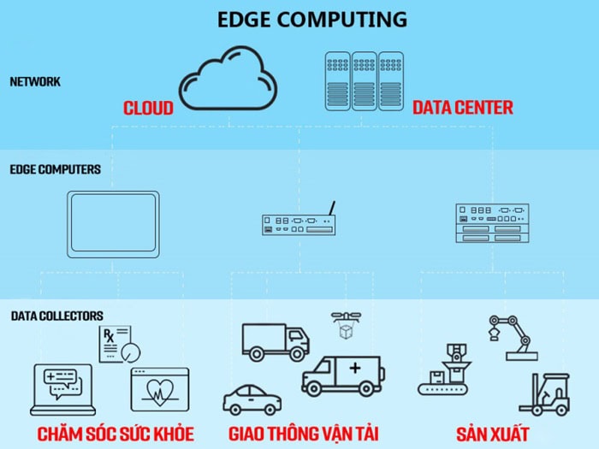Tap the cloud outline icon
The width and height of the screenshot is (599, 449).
pyautogui.click(x=227, y=81)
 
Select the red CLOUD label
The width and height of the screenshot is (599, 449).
pyautogui.click(x=148, y=109)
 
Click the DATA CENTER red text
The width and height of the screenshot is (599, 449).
pyautogui.click(x=463, y=108)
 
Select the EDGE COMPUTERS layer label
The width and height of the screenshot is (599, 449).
pyautogui.click(x=55, y=169)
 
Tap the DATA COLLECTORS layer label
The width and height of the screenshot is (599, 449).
pyautogui.click(x=57, y=316)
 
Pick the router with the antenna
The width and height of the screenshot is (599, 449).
pyautogui.click(x=298, y=222)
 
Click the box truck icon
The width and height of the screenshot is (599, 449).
pyautogui.click(x=274, y=340)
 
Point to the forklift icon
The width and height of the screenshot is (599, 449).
pyautogui.click(x=545, y=393)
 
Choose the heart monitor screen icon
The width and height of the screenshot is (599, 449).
pyautogui.click(x=159, y=391)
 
